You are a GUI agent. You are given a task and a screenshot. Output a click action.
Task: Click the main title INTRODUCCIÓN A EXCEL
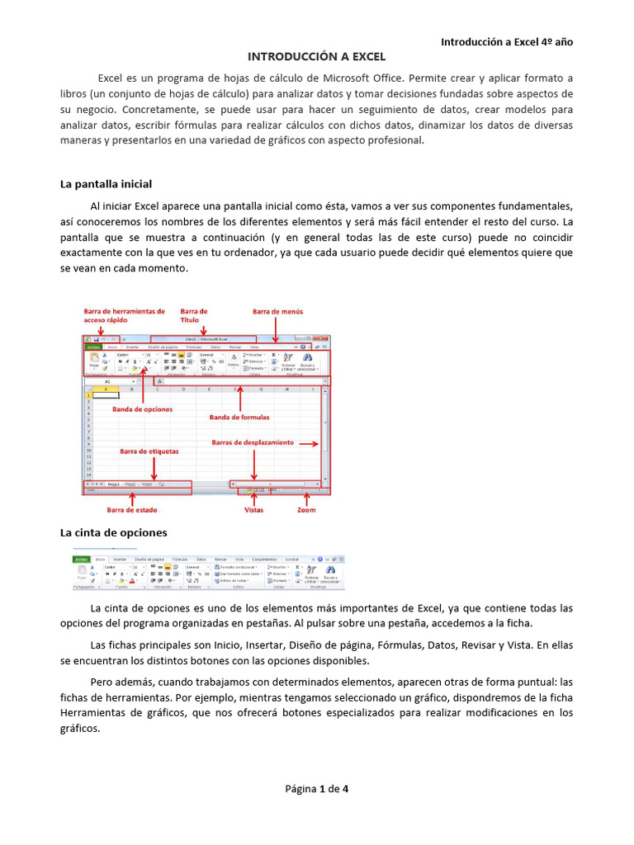(x=317, y=56)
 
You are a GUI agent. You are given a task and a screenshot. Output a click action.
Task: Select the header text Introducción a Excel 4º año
(x=506, y=40)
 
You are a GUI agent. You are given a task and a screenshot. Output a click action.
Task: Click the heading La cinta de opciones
(x=114, y=532)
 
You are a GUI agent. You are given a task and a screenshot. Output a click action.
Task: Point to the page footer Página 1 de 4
(x=317, y=788)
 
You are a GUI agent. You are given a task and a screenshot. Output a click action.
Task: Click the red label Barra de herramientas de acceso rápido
(x=125, y=316)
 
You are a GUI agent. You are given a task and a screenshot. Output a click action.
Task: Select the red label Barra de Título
(x=194, y=316)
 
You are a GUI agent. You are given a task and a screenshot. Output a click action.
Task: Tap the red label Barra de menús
(x=277, y=311)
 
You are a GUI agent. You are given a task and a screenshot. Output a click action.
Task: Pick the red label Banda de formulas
(x=239, y=417)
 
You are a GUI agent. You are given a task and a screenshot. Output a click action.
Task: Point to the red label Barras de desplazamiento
(x=253, y=442)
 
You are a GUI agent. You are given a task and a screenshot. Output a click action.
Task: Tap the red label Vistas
(x=254, y=510)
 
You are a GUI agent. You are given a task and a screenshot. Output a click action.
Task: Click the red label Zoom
(x=305, y=510)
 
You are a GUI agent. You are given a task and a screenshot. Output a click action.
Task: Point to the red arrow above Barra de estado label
(x=132, y=498)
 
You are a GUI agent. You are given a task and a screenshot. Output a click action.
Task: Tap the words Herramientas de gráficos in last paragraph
(x=136, y=713)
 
